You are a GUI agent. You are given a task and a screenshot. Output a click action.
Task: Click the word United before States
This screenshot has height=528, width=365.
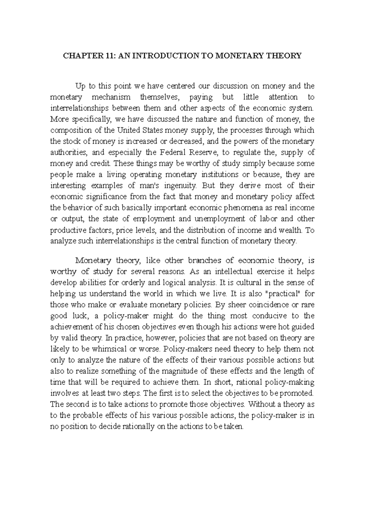point(129,130)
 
